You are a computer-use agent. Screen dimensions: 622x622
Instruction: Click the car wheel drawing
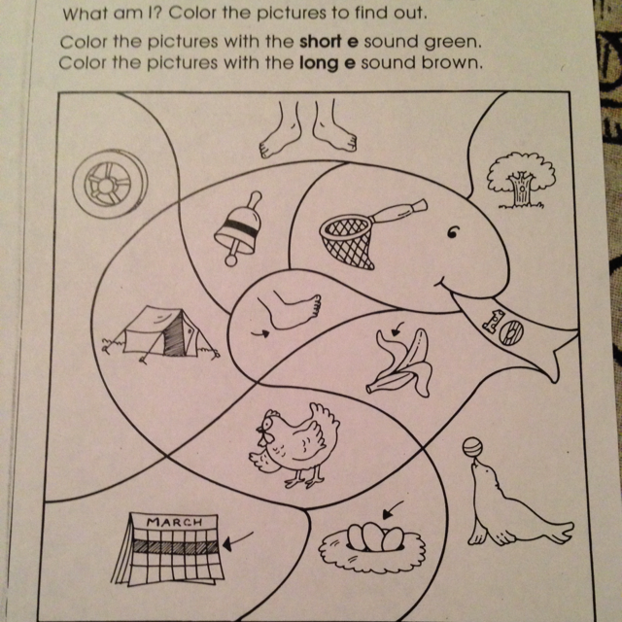(110, 184)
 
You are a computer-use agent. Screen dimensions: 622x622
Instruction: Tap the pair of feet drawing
(308, 127)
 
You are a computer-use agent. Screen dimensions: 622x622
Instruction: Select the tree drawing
(521, 180)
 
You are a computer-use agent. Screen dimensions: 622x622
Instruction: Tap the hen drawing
(294, 445)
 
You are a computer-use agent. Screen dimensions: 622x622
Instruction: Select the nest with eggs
(371, 545)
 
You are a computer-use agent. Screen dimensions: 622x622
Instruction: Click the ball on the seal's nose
(472, 447)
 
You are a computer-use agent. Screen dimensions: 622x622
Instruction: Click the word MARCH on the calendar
(174, 522)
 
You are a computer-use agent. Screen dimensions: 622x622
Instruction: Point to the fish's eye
(453, 232)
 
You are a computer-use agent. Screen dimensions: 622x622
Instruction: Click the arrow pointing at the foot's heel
(260, 333)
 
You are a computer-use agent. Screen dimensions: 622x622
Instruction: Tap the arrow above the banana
(397, 328)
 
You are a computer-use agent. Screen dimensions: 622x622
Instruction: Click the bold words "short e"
(328, 42)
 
